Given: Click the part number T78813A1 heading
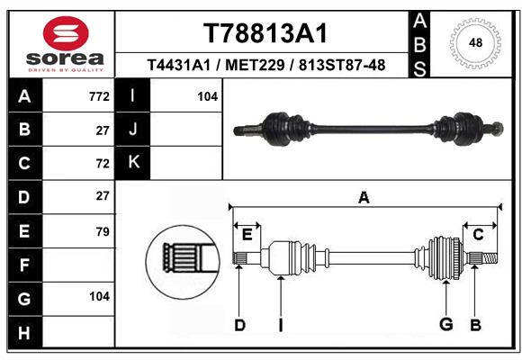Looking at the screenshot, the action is point(265,33).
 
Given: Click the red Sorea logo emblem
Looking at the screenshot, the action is point(66,33).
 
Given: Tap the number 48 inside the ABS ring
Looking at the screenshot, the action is point(475,42).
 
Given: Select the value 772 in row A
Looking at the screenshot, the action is point(99,96).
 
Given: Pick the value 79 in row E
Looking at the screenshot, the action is point(103,231).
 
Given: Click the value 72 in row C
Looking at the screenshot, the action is point(103,164).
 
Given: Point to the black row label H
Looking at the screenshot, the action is point(25,332).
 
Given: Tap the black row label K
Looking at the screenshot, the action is point(133,162).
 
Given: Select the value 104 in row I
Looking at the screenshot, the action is point(207,96).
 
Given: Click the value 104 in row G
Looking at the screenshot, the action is point(99,296).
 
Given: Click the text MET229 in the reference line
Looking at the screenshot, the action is point(255,66).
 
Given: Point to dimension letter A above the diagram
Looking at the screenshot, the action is point(364,198).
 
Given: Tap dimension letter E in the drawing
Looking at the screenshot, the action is point(247,235).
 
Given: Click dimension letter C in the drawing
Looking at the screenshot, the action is point(478,235).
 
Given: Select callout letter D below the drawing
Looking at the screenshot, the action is point(239,325).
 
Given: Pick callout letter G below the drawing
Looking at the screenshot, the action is point(445,324).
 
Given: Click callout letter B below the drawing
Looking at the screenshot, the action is point(475,325).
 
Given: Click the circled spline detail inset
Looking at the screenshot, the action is point(183,261).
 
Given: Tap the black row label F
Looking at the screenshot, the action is point(25,265).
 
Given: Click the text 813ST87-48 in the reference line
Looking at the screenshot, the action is point(342,66).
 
